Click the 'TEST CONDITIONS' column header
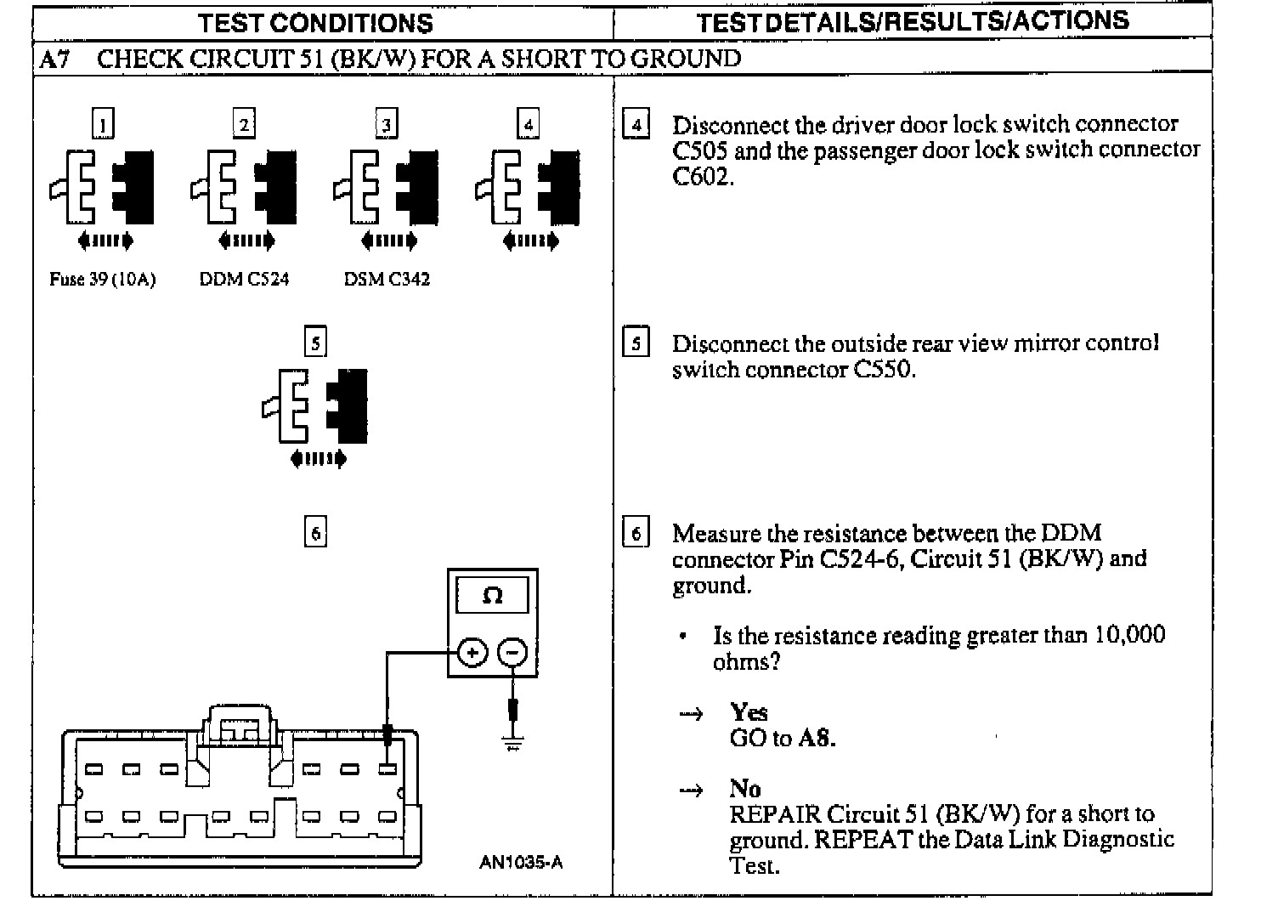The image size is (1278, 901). click(315, 23)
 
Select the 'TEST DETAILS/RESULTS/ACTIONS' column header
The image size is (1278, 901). click(913, 21)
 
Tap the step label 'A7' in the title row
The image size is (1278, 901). click(54, 59)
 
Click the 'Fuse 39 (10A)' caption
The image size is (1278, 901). click(103, 280)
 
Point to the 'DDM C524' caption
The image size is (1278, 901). click(244, 280)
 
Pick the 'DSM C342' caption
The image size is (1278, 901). click(387, 280)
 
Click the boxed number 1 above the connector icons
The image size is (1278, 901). click(103, 125)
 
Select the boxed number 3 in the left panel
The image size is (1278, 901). click(387, 125)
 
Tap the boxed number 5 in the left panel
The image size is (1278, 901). click(315, 343)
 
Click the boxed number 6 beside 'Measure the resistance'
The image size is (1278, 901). click(636, 533)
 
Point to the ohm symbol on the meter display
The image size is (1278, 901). click(492, 596)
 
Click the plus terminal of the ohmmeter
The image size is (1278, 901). click(472, 653)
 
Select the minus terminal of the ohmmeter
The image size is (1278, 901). click(512, 653)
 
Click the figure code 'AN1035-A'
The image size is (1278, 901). click(520, 862)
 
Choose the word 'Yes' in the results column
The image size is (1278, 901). click(749, 711)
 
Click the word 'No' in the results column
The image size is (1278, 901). click(745, 788)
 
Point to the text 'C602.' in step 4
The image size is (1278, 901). click(703, 177)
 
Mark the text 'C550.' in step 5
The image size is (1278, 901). click(879, 370)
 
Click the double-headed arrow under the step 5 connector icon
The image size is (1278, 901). click(318, 459)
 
